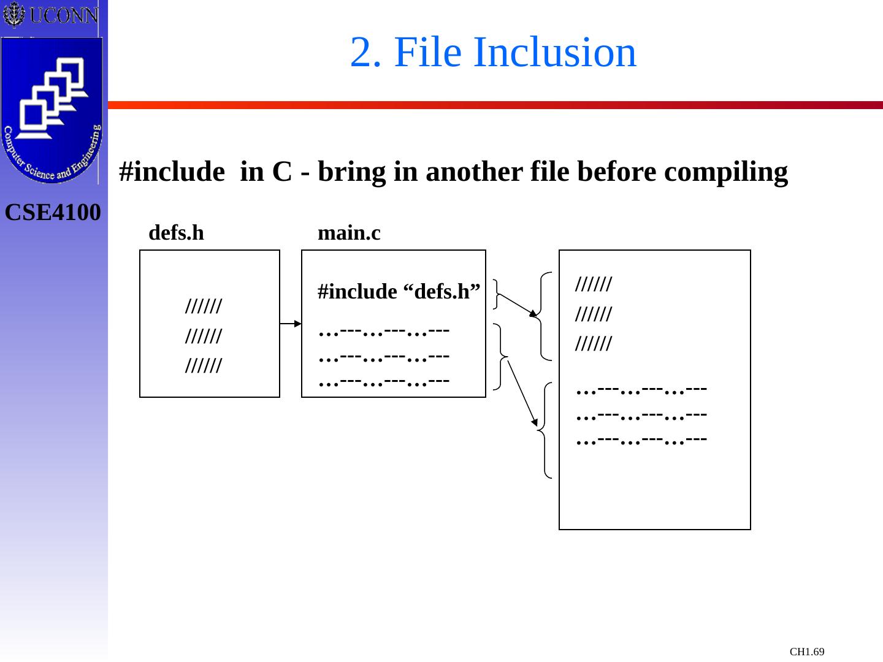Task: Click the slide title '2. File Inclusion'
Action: coord(493,52)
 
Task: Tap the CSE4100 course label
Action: coord(53,213)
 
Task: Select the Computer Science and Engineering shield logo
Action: coord(52,110)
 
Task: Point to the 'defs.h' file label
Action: coord(176,233)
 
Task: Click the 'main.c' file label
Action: coord(349,233)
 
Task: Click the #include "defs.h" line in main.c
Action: coord(399,292)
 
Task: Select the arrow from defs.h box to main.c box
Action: coord(291,323)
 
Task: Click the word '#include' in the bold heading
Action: coord(172,172)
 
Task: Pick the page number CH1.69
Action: coord(807,652)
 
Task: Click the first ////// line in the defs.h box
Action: coord(203,305)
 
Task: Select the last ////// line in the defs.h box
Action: coord(203,367)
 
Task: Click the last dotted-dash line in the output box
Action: coord(642,439)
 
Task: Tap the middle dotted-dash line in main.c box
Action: coord(384,356)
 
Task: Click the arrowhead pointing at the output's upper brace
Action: coord(533,314)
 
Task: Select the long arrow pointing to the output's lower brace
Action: coord(522,392)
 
